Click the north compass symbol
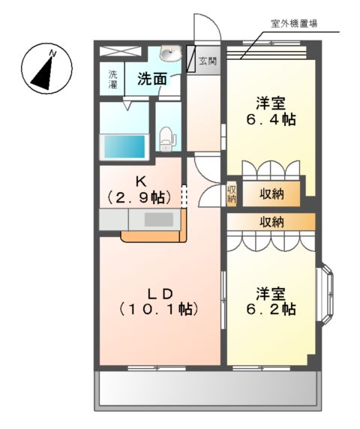pyautogui.click(x=46, y=69)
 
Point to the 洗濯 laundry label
pyautogui.click(x=112, y=80)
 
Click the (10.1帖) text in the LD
pyautogui.click(x=157, y=308)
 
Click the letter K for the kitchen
pyautogui.click(x=140, y=181)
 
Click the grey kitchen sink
pyautogui.click(x=158, y=220)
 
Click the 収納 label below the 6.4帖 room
pyautogui.click(x=271, y=194)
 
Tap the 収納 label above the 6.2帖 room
pyautogui.click(x=271, y=222)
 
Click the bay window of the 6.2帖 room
pyautogui.click(x=327, y=296)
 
